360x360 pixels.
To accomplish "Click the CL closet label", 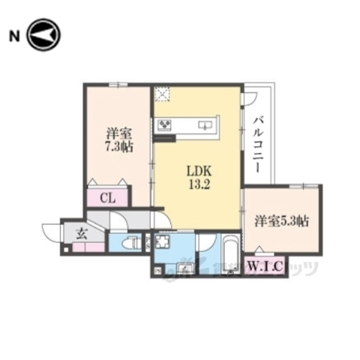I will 108,198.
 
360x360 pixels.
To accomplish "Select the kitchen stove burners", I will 163,124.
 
